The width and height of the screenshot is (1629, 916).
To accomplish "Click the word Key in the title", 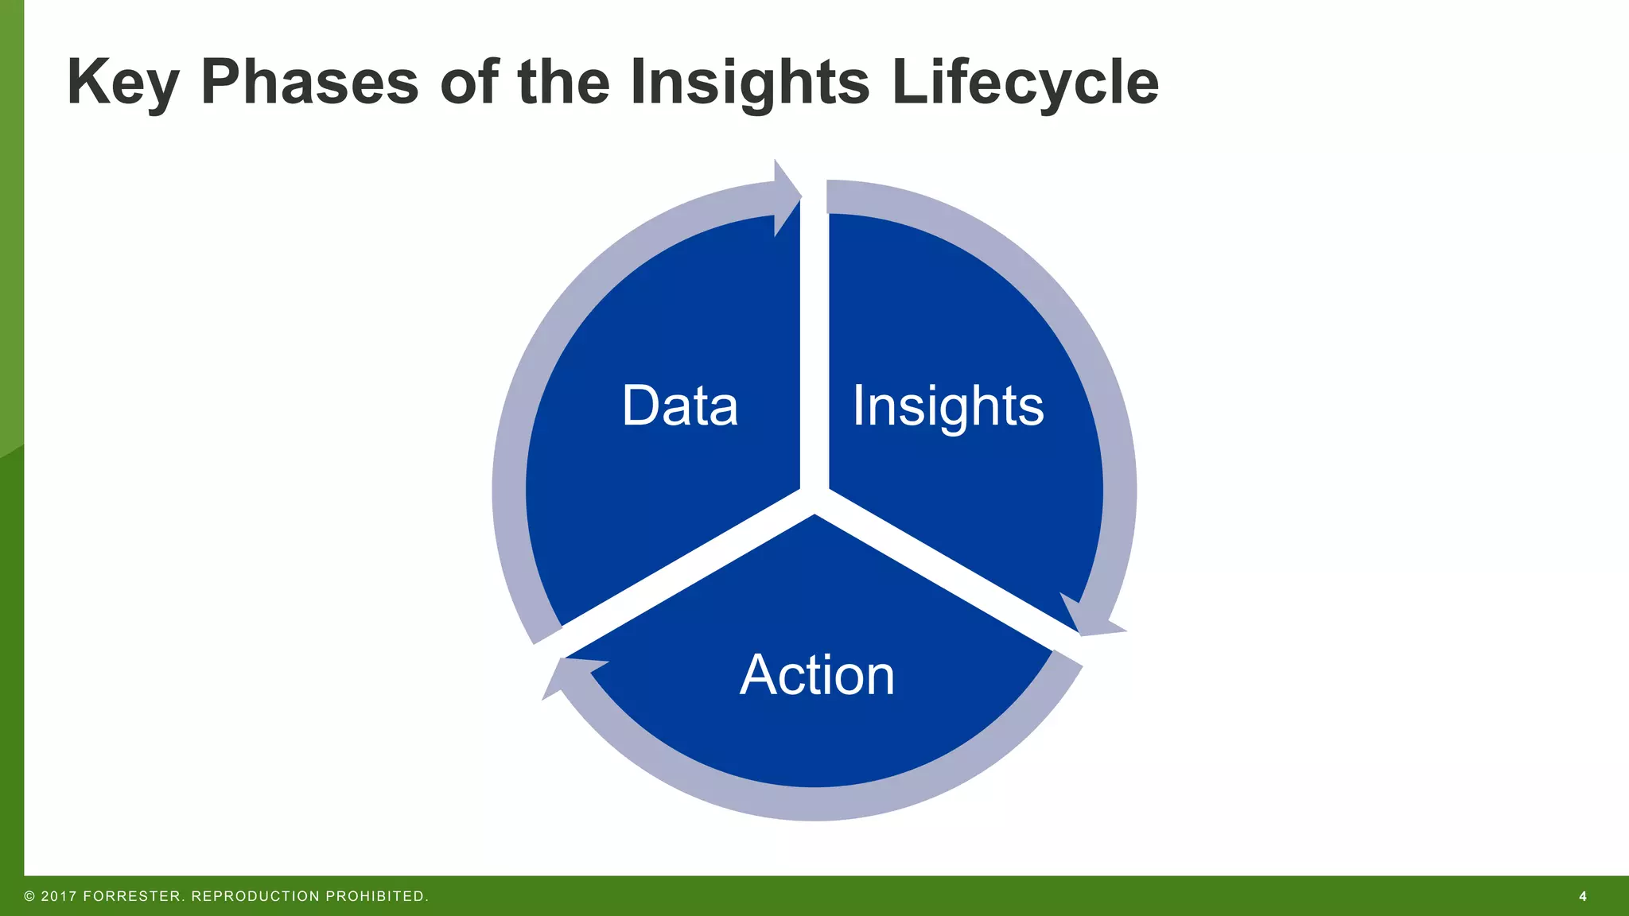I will [x=122, y=83].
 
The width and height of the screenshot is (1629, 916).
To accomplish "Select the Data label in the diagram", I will [x=679, y=406].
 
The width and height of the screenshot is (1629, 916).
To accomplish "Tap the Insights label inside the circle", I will [x=947, y=406].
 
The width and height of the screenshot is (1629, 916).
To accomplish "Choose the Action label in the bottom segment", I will [x=817, y=675].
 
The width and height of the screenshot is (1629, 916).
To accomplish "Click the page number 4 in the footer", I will [x=1582, y=896].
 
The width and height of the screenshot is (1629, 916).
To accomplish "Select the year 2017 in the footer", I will [x=59, y=896].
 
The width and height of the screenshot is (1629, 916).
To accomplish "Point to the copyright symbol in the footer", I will [x=30, y=896].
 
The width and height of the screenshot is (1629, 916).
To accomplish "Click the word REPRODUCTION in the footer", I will [x=255, y=896].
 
